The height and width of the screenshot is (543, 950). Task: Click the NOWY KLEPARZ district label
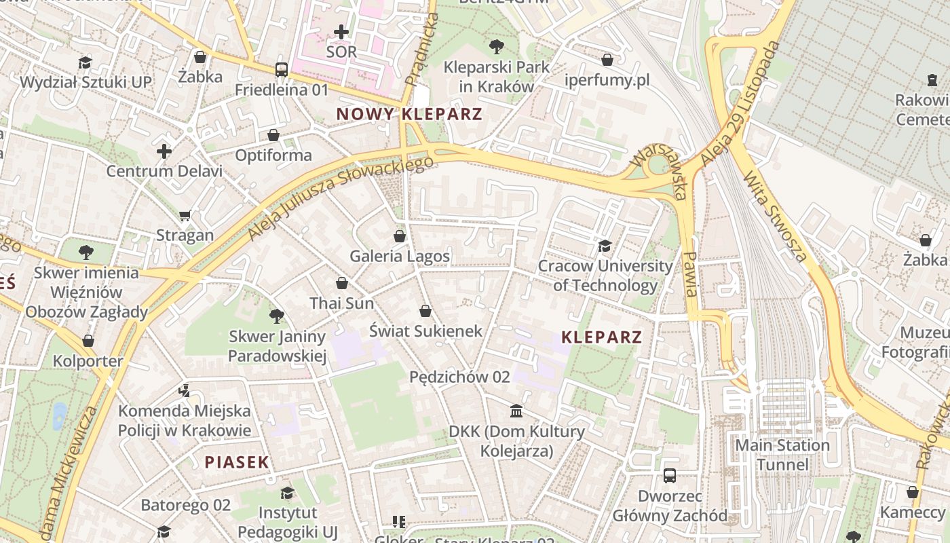(x=409, y=114)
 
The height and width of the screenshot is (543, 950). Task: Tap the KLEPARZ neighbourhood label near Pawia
(x=602, y=337)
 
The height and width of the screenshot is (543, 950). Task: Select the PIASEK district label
(x=237, y=462)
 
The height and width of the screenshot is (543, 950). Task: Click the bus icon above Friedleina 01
(x=282, y=69)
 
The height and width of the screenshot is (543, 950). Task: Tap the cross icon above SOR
(x=341, y=31)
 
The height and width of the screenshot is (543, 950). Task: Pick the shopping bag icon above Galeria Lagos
(x=400, y=236)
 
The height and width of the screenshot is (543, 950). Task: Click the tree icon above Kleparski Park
(x=497, y=47)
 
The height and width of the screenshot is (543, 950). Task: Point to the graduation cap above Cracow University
(x=605, y=246)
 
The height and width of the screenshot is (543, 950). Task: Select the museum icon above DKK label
(x=516, y=411)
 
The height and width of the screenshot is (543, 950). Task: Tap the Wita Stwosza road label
(x=776, y=217)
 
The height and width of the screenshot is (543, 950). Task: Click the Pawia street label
(x=691, y=274)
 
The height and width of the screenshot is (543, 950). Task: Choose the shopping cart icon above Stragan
(x=185, y=215)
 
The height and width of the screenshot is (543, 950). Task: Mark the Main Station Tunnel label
(x=782, y=455)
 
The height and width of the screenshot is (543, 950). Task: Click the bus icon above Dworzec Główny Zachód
(x=670, y=476)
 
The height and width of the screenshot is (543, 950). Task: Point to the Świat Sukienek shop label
(x=425, y=331)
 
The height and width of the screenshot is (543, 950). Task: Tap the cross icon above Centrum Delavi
(x=164, y=151)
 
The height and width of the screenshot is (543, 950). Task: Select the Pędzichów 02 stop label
(x=459, y=377)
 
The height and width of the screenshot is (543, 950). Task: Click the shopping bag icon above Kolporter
(x=88, y=341)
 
